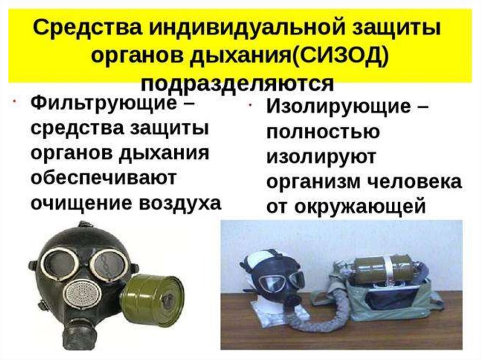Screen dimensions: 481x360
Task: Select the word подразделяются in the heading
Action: click(237, 83)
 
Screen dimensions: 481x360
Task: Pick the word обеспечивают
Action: click(103, 177)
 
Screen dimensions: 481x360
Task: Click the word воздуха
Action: click(180, 203)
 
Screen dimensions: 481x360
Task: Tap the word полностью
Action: click(323, 132)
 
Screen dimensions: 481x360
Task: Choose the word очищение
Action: click(81, 203)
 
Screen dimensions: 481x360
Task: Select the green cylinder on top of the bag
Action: click(383, 270)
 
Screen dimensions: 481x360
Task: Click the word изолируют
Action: click(321, 157)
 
